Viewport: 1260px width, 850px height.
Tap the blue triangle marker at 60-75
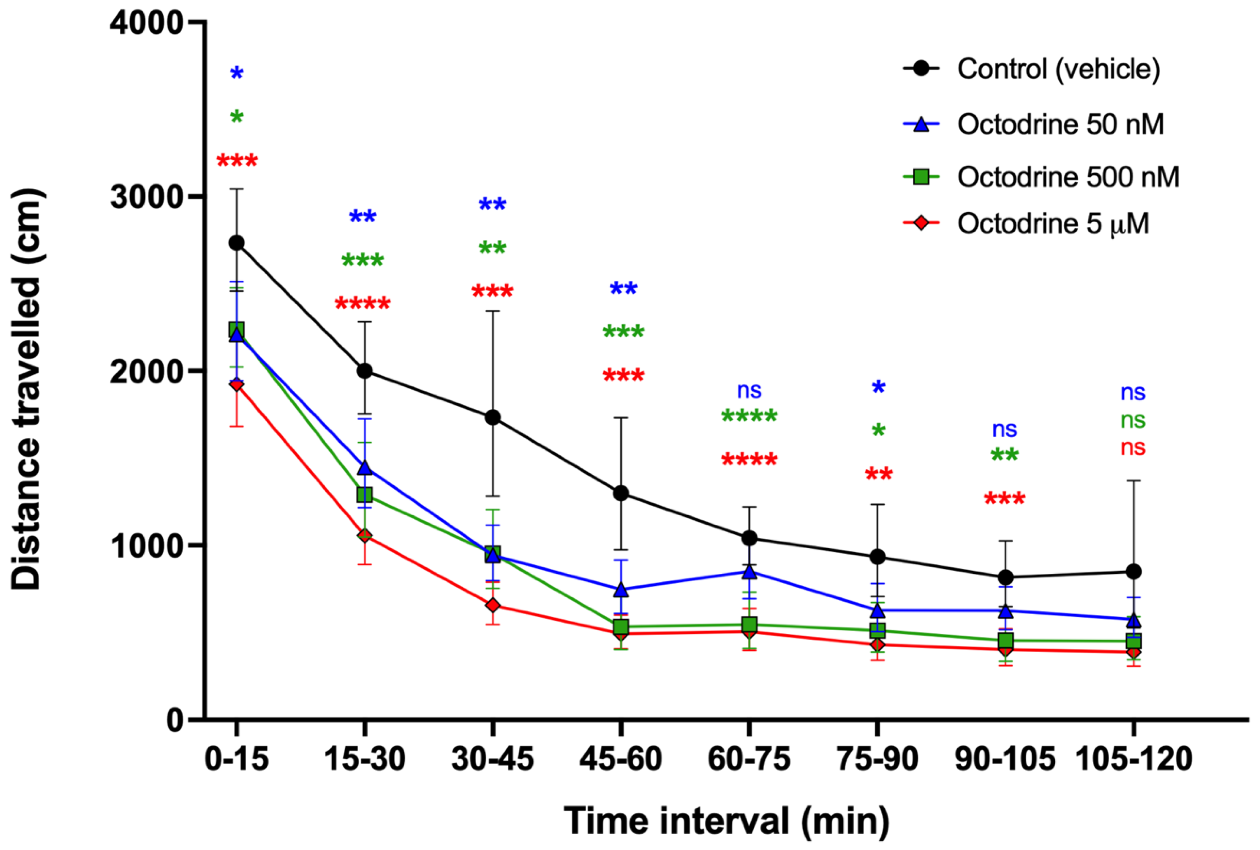(x=749, y=571)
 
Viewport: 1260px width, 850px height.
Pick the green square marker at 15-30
(x=364, y=495)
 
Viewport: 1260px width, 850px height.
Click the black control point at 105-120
(x=1133, y=572)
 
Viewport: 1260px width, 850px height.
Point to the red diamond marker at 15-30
(x=364, y=536)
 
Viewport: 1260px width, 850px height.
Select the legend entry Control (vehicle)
(x=1032, y=69)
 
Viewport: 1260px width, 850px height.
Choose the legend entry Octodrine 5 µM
(x=1026, y=223)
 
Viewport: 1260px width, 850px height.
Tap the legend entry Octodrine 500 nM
(x=1041, y=177)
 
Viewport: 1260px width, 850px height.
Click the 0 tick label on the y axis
(x=175, y=720)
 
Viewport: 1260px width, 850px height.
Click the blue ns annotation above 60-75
(x=749, y=390)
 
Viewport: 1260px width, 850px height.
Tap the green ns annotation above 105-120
(x=1133, y=420)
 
